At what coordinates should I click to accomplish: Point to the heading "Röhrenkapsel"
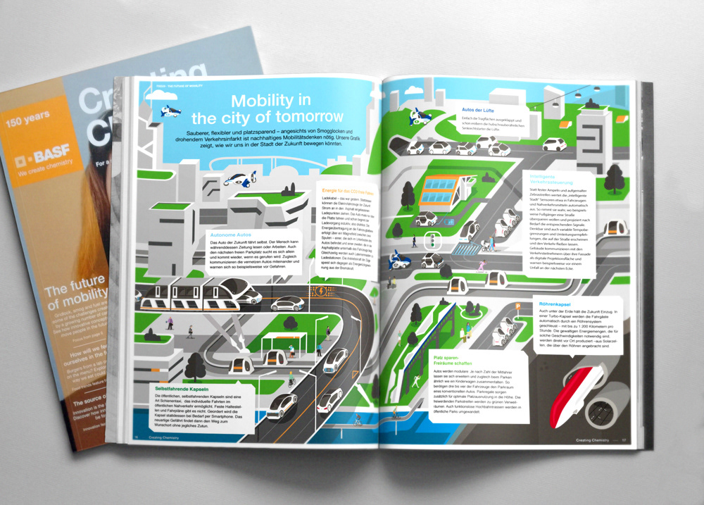(556, 304)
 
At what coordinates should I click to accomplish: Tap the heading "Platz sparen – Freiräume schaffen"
(451, 361)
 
